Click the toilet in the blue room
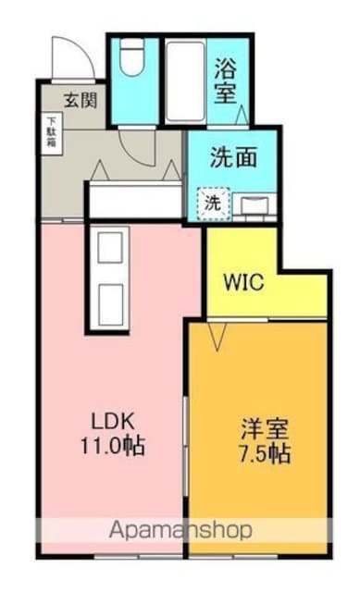click(x=131, y=57)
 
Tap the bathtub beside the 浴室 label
click(x=185, y=81)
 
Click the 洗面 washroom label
click(x=233, y=157)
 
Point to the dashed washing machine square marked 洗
click(x=213, y=203)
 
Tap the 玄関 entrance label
click(x=81, y=101)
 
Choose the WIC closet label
click(x=243, y=281)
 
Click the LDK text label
click(x=113, y=422)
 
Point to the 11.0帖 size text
click(x=113, y=446)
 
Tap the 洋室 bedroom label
click(x=265, y=429)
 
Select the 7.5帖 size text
click(x=265, y=453)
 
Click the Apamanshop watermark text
click(x=180, y=530)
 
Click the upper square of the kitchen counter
click(x=110, y=247)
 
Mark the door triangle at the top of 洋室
click(x=217, y=335)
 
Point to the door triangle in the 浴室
click(x=242, y=115)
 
